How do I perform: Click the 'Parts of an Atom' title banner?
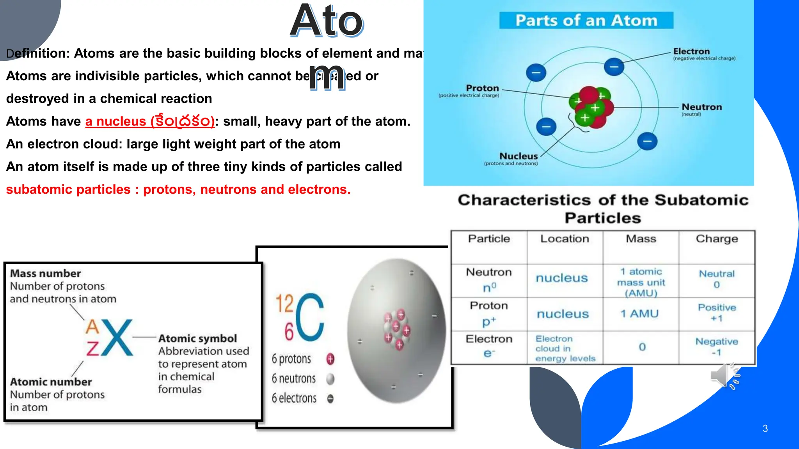click(x=586, y=20)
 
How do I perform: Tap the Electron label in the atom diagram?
click(x=691, y=51)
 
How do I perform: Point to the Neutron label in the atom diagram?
click(x=701, y=107)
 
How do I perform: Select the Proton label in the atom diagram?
click(x=482, y=88)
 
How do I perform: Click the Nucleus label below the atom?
click(x=518, y=156)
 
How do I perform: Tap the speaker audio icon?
click(x=725, y=376)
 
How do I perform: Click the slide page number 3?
click(x=765, y=428)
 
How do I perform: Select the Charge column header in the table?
click(x=717, y=239)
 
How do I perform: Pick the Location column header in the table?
click(x=565, y=239)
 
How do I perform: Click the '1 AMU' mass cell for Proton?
click(x=639, y=314)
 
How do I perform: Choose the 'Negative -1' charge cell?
click(x=717, y=346)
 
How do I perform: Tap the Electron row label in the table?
click(x=489, y=339)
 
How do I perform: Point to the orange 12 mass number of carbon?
click(x=284, y=303)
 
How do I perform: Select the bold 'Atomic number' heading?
click(x=51, y=382)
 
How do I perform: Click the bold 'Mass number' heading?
click(x=45, y=273)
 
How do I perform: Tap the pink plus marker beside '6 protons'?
click(x=330, y=359)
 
